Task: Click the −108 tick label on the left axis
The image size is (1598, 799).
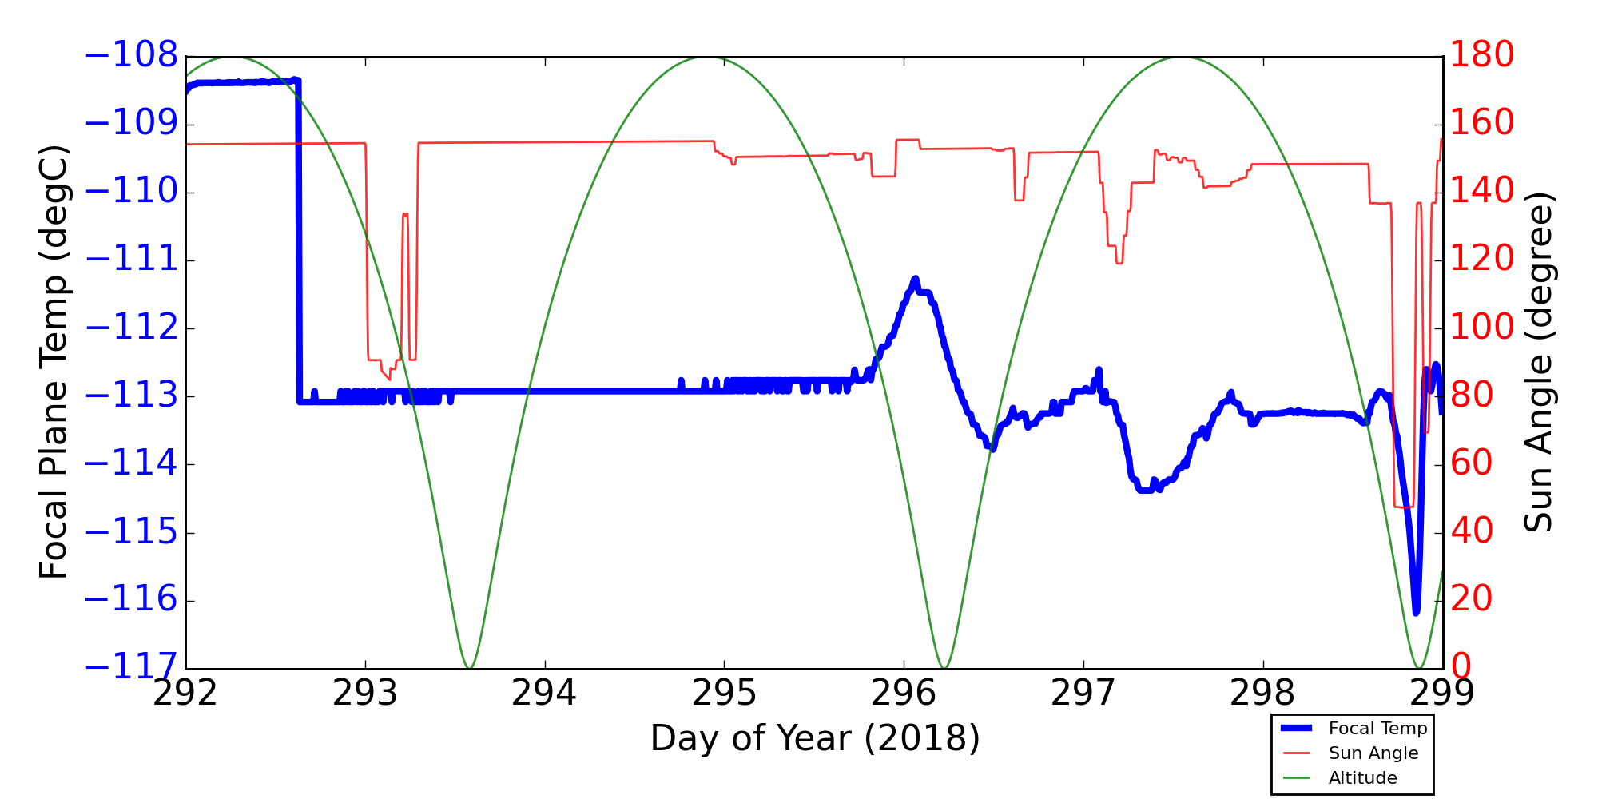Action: pos(131,56)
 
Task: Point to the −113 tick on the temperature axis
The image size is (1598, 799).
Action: pos(131,396)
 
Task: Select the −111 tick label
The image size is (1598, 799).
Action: pos(131,260)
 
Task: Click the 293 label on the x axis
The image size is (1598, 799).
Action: pos(365,694)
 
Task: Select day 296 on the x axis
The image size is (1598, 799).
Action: pos(904,694)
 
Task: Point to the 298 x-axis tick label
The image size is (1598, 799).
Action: pos(1263,694)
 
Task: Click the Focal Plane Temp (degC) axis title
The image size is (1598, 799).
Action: pos(54,362)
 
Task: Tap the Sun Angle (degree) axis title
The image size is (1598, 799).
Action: pos(1538,362)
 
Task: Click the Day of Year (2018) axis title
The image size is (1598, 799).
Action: pos(814,738)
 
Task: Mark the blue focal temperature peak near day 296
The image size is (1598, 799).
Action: pos(915,279)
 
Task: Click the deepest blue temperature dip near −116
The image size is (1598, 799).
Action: pos(1416,612)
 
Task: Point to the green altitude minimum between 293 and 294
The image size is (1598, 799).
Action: pos(469,667)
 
